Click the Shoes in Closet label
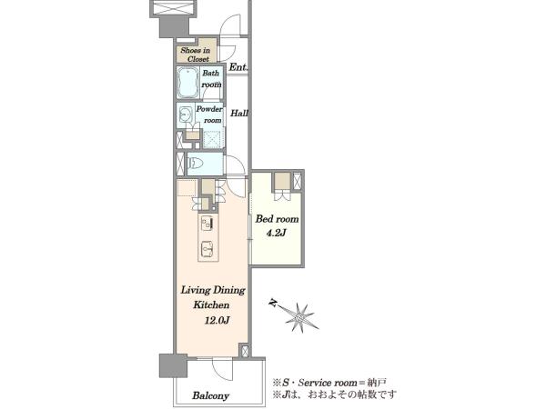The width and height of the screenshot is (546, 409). pos(196,55)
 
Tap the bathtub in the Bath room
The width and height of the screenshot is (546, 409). pos(188,83)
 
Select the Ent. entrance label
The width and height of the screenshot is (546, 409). pos(238,67)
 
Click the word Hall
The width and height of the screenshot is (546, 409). pos(239,113)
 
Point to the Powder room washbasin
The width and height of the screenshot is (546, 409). pos(186,114)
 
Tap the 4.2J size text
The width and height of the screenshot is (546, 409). pos(276,233)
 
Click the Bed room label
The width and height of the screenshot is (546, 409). pos(278,219)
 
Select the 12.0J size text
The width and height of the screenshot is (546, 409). pos(217,320)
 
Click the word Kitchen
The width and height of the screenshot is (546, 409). pos(211,305)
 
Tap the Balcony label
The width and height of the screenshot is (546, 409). pos(211,395)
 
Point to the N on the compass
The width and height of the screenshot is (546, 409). pos(273,303)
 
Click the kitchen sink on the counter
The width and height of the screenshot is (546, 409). pos(207,248)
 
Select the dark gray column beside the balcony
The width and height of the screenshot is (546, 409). pos(173,366)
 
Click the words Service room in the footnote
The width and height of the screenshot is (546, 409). pos(328,383)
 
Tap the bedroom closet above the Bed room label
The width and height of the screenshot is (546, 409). pos(282,181)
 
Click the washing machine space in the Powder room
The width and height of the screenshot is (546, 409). pos(213,139)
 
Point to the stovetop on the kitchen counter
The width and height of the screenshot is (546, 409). pos(207,223)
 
